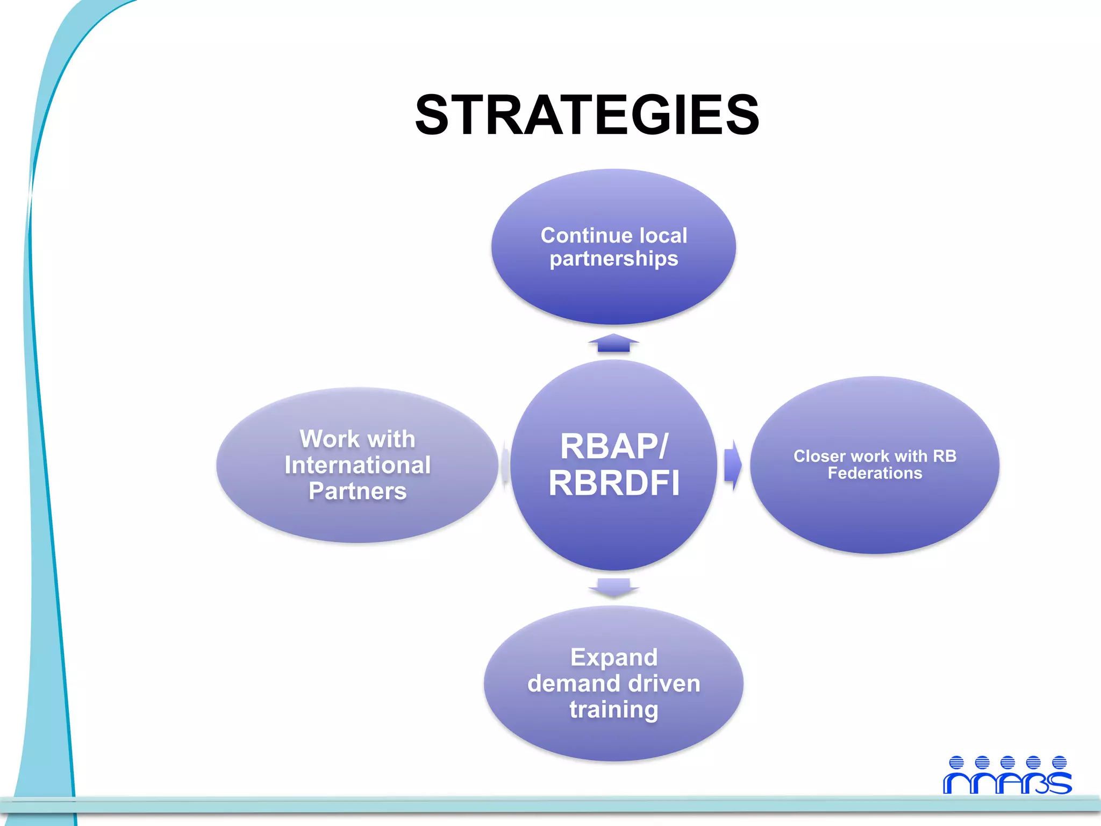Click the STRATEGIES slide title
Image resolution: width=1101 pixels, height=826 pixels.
point(587,115)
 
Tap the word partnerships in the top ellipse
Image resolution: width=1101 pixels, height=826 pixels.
point(613,259)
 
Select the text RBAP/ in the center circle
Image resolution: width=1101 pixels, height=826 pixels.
point(614,446)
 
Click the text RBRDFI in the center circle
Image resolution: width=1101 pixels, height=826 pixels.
point(614,482)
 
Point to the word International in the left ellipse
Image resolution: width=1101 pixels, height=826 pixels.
point(358,465)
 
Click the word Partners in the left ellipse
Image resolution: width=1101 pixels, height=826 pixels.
point(358,491)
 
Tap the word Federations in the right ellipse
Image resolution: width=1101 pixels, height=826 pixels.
point(875,473)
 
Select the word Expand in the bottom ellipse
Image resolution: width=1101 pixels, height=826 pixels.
point(613,657)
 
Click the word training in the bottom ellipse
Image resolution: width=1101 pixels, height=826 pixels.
point(613,709)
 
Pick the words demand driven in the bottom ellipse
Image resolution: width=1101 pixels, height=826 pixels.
point(613,683)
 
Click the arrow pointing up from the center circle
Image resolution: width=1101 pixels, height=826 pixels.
point(613,343)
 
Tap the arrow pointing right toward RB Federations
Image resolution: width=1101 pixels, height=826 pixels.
point(732,465)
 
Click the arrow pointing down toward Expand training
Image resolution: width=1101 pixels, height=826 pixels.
point(613,587)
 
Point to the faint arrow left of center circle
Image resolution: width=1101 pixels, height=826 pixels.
point(505,465)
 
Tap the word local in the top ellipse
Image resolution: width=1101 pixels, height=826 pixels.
point(663,236)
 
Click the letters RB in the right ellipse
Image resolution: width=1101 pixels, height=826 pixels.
point(945,456)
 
